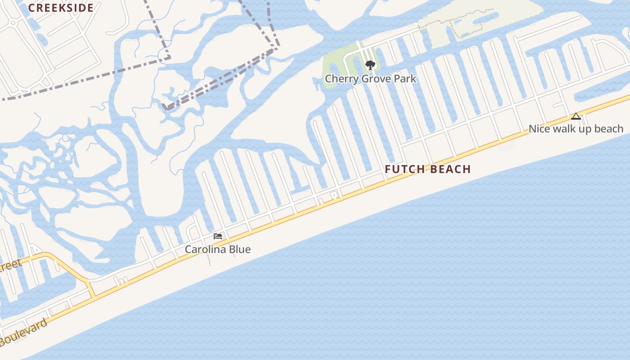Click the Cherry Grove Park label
(370, 79)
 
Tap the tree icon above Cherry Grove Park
(370, 66)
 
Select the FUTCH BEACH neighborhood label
(427, 169)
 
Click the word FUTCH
(405, 169)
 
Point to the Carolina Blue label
(218, 249)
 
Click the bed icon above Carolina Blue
(218, 236)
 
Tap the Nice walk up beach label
(576, 129)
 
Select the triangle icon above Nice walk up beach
(576, 117)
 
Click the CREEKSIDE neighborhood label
(61, 8)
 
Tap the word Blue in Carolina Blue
(240, 249)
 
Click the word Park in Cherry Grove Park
(405, 79)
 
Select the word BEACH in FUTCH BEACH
(450, 169)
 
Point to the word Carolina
(206, 249)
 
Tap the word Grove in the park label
(375, 79)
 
